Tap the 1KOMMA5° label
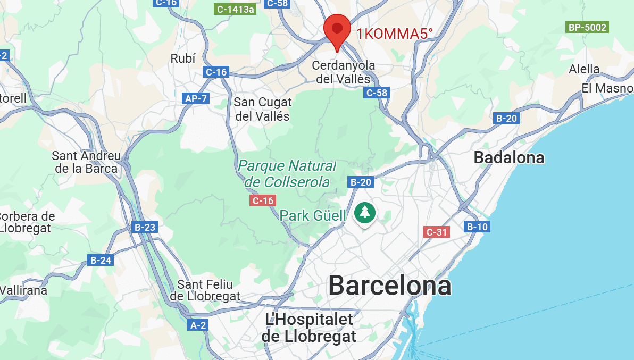394,34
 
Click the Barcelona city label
389,286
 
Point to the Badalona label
509,157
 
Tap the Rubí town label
183,58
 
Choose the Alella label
584,69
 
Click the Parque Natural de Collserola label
287,174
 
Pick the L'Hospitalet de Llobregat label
309,328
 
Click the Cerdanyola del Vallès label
344,72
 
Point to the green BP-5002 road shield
587,27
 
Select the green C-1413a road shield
235,9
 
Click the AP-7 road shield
196,98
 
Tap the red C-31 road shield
437,232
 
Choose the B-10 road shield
477,227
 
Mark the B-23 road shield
145,228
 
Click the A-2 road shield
198,325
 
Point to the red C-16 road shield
263,200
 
